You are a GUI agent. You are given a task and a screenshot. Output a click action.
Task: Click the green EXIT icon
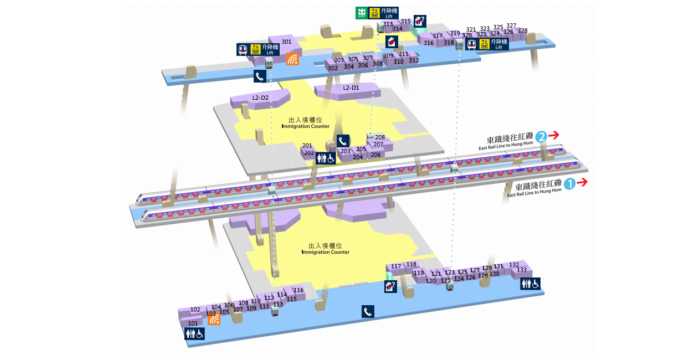(362, 13)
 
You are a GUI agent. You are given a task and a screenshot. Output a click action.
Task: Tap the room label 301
(286, 42)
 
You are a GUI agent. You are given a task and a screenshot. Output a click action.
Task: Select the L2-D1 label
(351, 88)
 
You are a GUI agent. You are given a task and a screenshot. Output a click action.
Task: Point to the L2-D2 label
(260, 97)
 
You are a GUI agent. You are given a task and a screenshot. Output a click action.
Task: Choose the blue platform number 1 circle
(569, 183)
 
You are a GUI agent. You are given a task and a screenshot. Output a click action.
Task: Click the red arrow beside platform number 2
(554, 135)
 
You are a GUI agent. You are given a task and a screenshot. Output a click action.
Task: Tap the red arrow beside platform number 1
(582, 183)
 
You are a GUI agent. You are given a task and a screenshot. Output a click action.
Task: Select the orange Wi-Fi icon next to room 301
(292, 59)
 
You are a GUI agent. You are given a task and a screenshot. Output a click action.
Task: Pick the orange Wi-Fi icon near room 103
(214, 319)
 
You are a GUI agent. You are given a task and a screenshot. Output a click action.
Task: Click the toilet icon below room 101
(194, 333)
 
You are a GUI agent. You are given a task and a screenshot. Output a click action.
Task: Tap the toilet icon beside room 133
(530, 284)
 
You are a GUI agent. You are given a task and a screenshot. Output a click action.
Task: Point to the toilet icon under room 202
(326, 158)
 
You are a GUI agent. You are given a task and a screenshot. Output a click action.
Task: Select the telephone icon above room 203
(343, 141)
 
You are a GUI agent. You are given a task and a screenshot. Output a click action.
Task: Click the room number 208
(380, 137)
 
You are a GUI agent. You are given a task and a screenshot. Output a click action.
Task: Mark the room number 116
(298, 290)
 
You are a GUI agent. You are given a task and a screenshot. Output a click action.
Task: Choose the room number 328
(522, 30)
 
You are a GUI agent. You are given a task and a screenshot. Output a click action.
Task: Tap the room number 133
(522, 270)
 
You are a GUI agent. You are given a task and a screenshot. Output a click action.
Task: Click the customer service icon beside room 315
(420, 21)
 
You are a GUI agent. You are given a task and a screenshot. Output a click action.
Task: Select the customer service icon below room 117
(391, 286)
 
